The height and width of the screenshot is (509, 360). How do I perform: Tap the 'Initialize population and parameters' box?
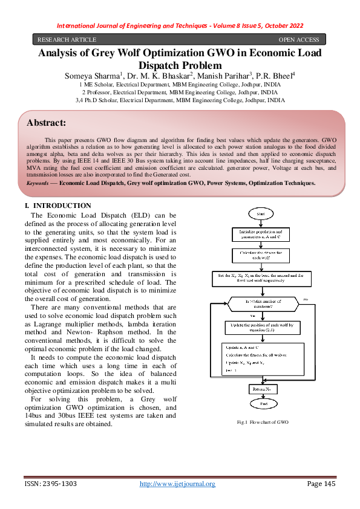tap(262, 234)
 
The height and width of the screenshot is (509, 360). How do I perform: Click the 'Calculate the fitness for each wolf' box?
tap(262, 255)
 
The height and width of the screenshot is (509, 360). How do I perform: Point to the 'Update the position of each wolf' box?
tap(262, 326)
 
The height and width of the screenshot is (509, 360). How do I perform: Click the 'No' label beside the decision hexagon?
tap(306, 299)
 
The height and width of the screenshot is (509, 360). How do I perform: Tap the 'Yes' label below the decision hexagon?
tap(252, 315)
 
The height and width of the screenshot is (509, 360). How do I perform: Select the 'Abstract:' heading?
tap(46, 123)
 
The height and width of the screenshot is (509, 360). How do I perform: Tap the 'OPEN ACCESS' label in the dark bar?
tap(298, 39)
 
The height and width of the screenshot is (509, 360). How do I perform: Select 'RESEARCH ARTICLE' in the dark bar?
tap(62, 39)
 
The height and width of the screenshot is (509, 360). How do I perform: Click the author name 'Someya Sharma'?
tap(90, 76)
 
